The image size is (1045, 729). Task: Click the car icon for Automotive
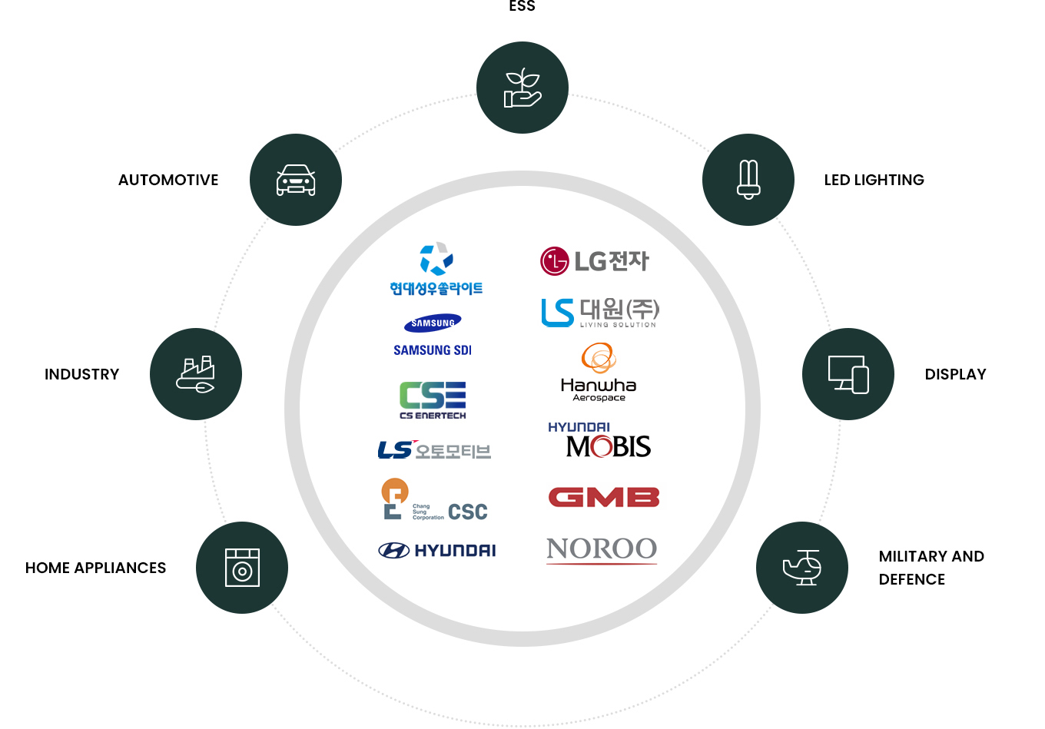[296, 180]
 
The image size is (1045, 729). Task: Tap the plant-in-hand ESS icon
[522, 88]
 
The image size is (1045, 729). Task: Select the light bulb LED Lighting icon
[748, 180]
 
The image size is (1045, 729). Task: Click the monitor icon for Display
[848, 374]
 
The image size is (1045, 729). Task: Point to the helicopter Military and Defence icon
[802, 568]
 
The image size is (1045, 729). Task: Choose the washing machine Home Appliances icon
[242, 568]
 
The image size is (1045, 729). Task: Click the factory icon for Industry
[196, 374]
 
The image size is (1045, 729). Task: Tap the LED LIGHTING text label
[874, 180]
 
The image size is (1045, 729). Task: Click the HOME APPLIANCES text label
[95, 568]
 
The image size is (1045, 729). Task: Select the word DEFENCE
[911, 579]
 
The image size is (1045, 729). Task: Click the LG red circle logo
[554, 261]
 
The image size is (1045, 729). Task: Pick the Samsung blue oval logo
[433, 323]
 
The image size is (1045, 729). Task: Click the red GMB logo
[604, 497]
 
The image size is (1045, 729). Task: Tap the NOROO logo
[602, 549]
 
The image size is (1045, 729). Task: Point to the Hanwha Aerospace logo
[599, 373]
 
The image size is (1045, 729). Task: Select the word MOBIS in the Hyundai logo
[608, 446]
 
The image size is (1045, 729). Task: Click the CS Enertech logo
[433, 399]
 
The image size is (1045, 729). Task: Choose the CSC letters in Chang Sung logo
[467, 512]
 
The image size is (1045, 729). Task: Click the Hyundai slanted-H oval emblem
[393, 550]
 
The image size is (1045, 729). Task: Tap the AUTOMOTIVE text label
[168, 180]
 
